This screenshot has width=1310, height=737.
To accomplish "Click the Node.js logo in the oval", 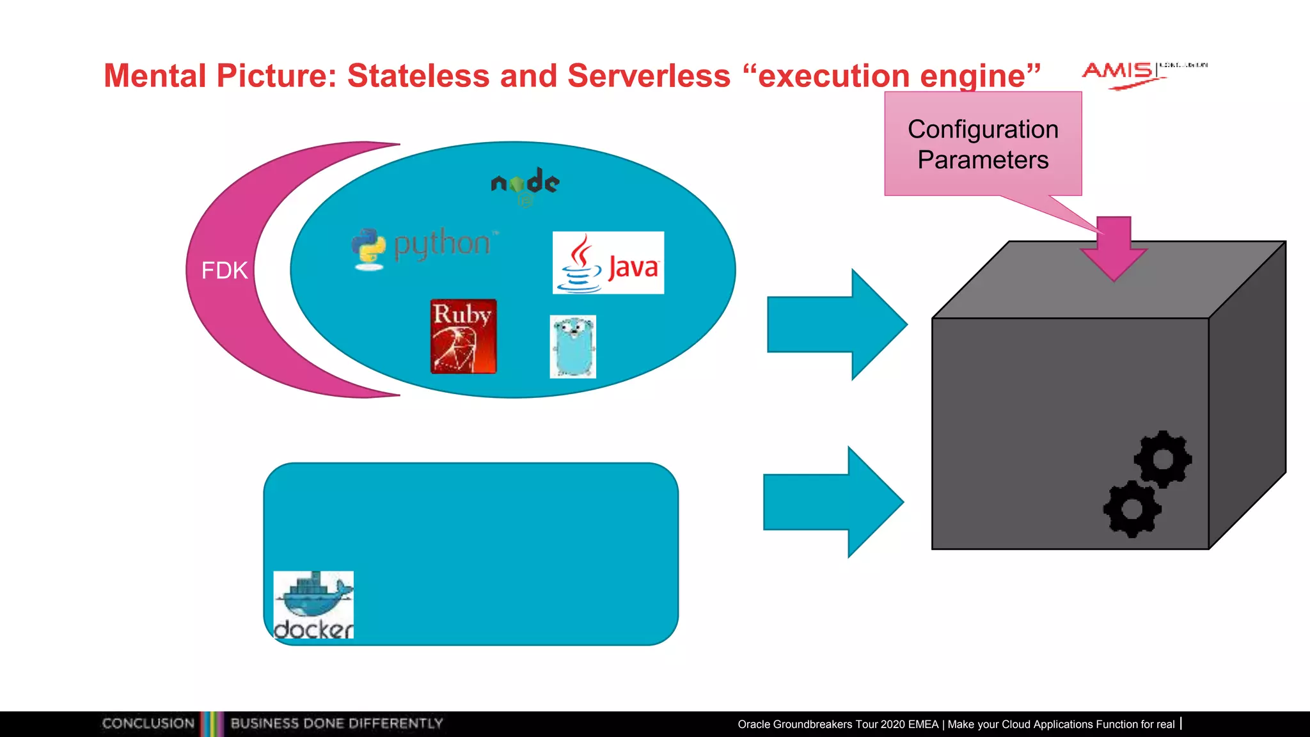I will click(x=525, y=184).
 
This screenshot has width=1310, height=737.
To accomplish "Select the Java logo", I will click(x=608, y=263).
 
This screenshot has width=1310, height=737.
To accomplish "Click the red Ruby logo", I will click(x=464, y=337).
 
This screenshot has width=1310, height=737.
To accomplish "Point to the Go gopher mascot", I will click(x=573, y=346).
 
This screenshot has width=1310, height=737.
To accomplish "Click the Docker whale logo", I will click(x=313, y=605).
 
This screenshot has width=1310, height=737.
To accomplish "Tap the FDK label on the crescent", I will click(x=225, y=271).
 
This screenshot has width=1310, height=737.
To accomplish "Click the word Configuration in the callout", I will click(x=983, y=129).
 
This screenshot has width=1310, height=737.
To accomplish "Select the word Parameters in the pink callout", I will click(x=983, y=160).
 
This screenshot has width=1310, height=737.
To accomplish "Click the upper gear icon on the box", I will click(x=1163, y=459).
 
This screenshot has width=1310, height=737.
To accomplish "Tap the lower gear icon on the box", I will click(x=1132, y=509).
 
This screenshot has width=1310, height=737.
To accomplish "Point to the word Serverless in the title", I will click(x=649, y=75).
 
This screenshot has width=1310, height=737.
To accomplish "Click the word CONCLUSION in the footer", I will click(x=148, y=724).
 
